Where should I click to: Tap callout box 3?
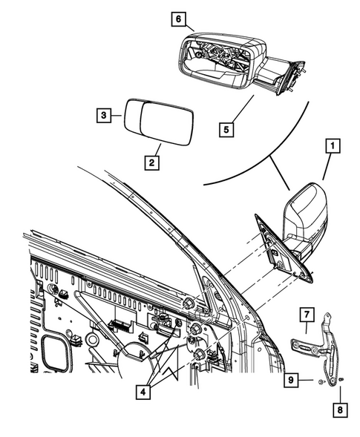pyautogui.click(x=105, y=115)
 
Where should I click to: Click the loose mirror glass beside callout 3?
pyautogui.click(x=158, y=122)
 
